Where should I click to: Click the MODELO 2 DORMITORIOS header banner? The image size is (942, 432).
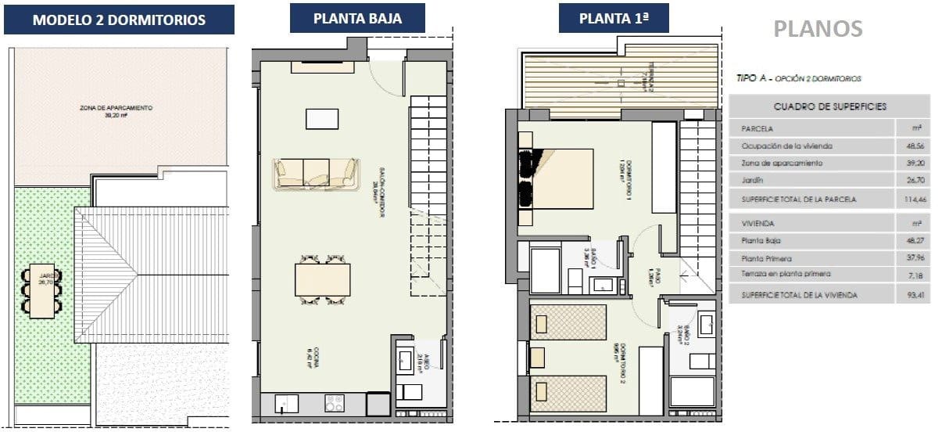(119, 20)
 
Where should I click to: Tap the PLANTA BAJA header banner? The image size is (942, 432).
(357, 18)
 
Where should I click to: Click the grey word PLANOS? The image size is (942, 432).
(818, 29)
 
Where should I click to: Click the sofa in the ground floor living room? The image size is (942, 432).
(316, 174)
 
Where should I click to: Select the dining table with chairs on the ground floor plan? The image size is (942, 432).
(322, 279)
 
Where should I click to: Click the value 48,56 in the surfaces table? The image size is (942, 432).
(909, 146)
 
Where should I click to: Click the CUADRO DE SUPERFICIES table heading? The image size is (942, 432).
(829, 106)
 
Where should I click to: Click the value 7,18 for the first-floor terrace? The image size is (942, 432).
(911, 274)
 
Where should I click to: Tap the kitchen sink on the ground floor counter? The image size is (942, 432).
(285, 403)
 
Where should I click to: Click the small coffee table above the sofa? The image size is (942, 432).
(322, 119)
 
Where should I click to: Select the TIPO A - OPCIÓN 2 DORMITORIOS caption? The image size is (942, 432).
(798, 79)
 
